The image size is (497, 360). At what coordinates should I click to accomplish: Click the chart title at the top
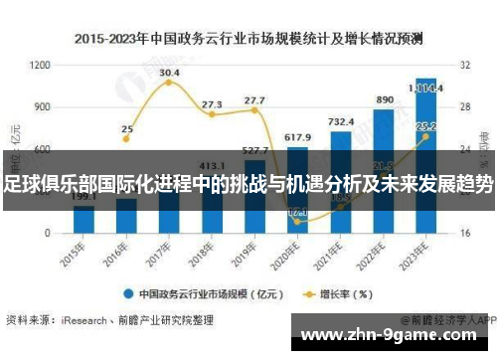click(248, 39)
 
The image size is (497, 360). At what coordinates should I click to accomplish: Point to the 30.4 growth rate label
click(169, 73)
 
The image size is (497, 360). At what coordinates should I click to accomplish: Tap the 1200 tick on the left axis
click(41, 65)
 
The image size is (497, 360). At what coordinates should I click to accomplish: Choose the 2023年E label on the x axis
click(422, 250)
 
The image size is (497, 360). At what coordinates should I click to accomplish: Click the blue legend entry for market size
click(189, 293)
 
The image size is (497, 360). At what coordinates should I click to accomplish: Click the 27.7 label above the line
click(254, 100)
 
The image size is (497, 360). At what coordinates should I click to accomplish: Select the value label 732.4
click(341, 121)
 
